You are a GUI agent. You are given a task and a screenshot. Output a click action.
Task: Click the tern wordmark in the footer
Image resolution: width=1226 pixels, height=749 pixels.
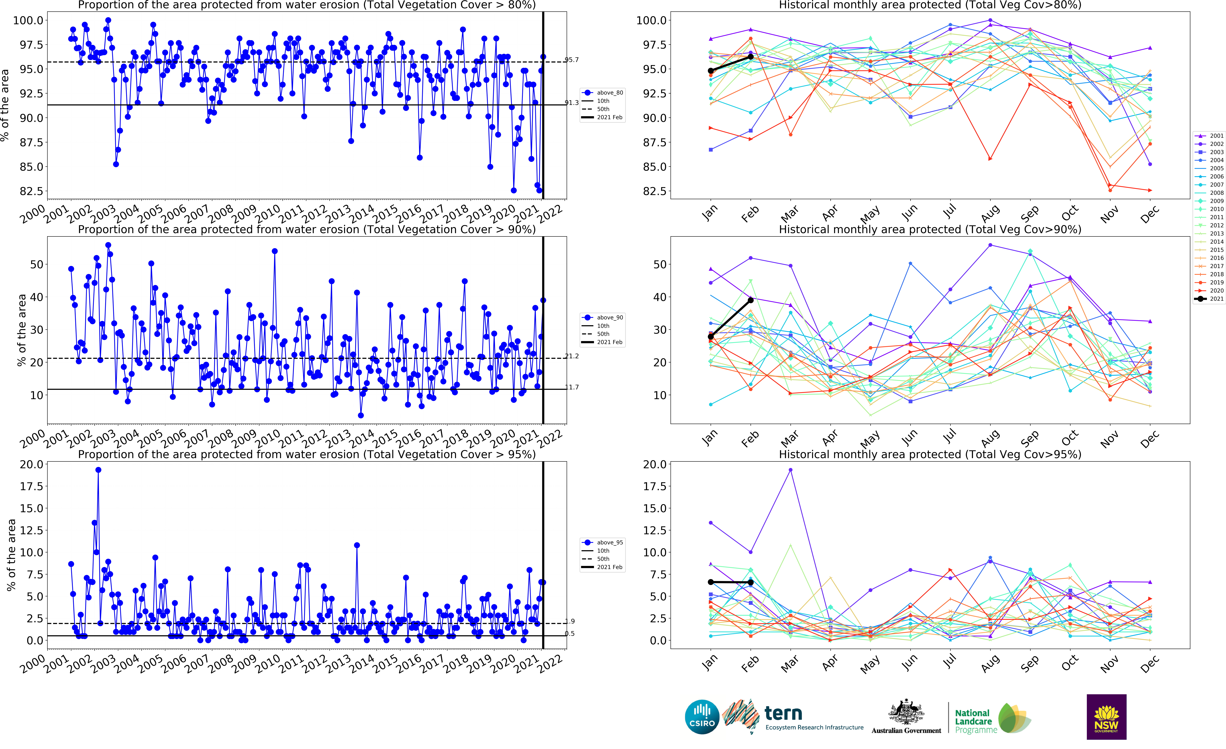tap(783, 713)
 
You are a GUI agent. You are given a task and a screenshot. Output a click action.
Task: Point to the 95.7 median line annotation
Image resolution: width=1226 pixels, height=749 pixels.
tap(572, 60)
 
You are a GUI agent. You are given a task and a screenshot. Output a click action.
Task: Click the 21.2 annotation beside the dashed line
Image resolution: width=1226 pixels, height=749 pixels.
tap(572, 356)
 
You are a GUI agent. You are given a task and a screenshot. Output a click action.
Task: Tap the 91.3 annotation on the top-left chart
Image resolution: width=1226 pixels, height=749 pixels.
tap(572, 102)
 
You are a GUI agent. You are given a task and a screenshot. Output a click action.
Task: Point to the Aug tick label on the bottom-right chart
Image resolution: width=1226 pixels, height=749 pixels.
tap(990, 663)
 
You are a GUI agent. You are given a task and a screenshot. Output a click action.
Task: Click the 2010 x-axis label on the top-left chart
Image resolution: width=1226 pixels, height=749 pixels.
tap(268, 214)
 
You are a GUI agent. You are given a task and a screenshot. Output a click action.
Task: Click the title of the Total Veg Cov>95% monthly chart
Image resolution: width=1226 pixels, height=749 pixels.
tap(929, 454)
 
